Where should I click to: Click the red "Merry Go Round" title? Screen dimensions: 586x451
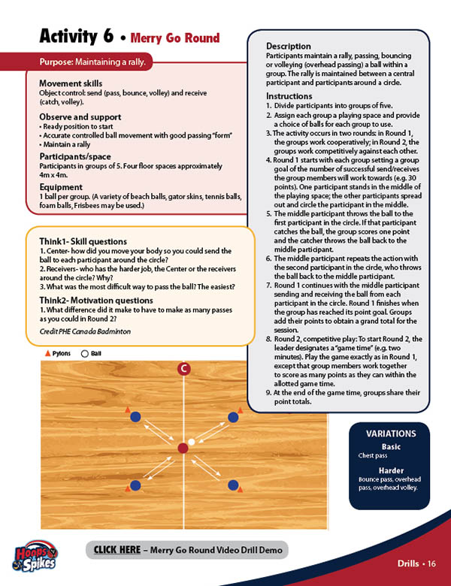174,38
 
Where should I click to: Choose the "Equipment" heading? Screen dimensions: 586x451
62,186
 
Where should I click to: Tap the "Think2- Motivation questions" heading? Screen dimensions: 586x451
99,298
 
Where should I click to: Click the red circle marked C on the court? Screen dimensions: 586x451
182,368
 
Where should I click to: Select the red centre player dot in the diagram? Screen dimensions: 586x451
183,449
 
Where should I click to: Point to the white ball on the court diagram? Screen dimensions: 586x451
192,442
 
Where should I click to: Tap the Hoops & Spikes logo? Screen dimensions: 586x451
27,556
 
